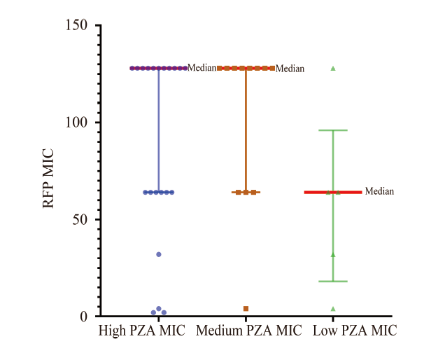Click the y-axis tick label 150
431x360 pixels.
78,26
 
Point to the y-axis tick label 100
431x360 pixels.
78,123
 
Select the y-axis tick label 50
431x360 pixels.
81,219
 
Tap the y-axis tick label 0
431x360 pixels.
85,317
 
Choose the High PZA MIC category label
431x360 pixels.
142,331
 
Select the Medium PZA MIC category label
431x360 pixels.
249,331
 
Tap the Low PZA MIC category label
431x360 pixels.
355,331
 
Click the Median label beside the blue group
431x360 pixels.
202,68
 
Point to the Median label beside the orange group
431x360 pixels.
290,69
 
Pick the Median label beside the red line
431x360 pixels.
380,191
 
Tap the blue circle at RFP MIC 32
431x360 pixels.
159,254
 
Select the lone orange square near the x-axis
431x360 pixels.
246,309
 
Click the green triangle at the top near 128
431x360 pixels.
333,68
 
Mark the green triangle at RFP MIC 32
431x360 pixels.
333,254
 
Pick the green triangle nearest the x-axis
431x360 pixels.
333,309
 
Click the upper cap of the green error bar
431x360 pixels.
333,130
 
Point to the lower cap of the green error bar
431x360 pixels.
333,282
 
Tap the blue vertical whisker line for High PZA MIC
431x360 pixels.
159,130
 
